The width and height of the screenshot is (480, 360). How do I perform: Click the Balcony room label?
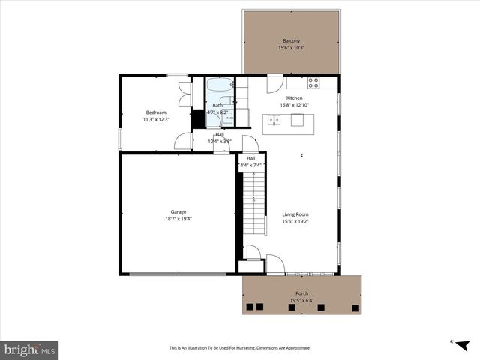[291, 40]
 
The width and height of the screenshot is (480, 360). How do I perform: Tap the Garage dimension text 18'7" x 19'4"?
[178, 219]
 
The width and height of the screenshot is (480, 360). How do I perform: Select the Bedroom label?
[156, 112]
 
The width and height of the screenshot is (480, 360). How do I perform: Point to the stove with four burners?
[313, 82]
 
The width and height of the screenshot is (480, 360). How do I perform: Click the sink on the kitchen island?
[274, 120]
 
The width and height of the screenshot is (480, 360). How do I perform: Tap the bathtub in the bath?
[220, 85]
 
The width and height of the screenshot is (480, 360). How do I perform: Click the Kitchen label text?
[294, 98]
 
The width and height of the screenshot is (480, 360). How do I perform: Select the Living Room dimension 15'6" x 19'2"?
[295, 222]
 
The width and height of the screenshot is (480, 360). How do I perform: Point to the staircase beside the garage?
[256, 202]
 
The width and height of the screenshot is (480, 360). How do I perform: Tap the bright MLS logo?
[30, 349]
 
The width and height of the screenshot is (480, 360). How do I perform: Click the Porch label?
[301, 293]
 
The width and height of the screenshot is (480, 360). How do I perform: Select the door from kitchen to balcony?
[274, 84]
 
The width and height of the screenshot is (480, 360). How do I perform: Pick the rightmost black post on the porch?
[355, 307]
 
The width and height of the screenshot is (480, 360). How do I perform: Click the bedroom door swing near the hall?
[182, 142]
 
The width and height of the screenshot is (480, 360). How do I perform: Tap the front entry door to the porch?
[275, 265]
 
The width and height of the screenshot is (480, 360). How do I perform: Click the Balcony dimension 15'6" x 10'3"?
[291, 48]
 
